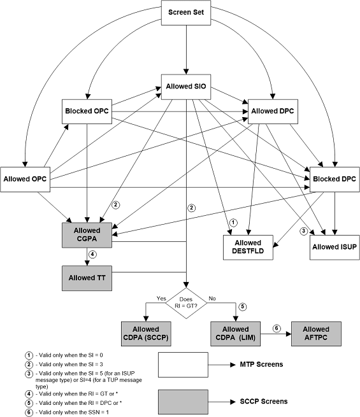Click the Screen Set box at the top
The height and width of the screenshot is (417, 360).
186,13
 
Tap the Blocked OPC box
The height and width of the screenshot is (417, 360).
86,112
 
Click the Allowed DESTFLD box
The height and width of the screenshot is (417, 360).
247,247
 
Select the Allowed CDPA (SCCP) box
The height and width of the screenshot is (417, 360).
147,332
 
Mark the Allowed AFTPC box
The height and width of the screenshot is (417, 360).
317,332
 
